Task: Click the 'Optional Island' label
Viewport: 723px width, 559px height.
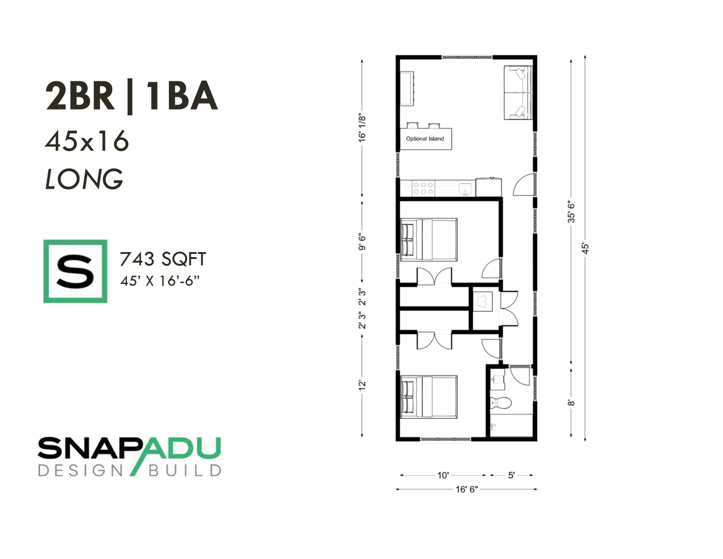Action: [x=424, y=139]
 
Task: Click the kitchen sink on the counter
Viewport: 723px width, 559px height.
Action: [x=465, y=189]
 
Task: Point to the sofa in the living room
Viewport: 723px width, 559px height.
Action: [x=518, y=93]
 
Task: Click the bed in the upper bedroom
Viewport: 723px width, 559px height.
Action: [x=429, y=239]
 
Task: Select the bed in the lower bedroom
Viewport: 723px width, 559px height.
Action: [x=429, y=397]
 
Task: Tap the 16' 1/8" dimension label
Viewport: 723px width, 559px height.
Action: [x=362, y=128]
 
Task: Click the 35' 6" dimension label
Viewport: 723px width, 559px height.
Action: [x=571, y=212]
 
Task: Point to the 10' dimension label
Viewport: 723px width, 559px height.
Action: [x=443, y=475]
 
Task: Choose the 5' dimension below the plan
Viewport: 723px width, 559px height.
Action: [x=511, y=475]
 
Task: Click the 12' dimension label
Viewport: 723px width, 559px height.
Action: [x=362, y=385]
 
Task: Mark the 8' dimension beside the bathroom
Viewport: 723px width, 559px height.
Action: [x=571, y=403]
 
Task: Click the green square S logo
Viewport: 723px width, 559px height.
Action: [x=75, y=271]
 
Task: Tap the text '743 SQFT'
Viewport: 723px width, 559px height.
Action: [x=163, y=259]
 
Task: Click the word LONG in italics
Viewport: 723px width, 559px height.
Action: [x=84, y=179]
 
